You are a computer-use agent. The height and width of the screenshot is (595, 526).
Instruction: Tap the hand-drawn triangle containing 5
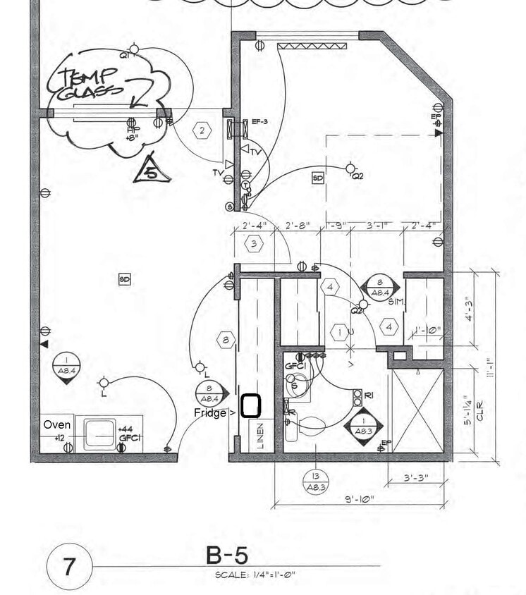[x=151, y=170]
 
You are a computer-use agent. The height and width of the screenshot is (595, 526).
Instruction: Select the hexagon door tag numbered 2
[x=202, y=130]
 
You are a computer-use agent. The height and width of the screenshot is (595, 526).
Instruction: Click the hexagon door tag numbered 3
[x=255, y=244]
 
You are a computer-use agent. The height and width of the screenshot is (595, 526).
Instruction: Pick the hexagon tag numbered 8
[x=226, y=340]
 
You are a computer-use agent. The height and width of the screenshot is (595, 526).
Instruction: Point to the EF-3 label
[x=259, y=122]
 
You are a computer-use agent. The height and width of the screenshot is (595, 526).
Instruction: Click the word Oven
[x=56, y=425]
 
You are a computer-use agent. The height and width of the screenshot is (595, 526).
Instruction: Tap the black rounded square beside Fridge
[x=251, y=406]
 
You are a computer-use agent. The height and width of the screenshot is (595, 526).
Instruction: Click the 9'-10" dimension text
[x=360, y=500]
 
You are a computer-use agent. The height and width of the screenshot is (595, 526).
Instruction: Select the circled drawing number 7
[x=69, y=567]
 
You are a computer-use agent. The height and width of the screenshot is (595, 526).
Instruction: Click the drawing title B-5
[x=227, y=555]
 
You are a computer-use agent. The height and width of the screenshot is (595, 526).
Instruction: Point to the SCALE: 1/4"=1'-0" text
[x=255, y=575]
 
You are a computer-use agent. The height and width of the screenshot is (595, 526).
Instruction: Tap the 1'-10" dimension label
[x=427, y=330]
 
